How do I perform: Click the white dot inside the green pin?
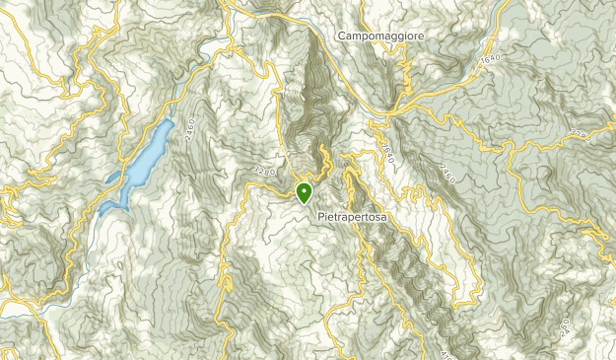tap(305, 189)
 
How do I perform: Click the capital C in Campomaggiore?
tap(340, 36)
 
